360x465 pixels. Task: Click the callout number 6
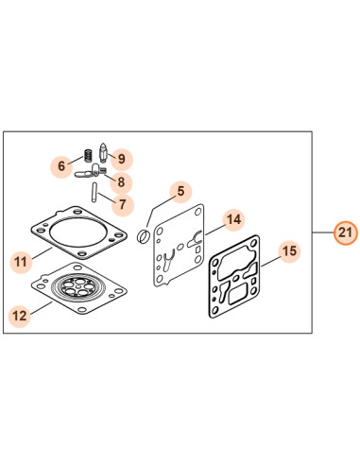click(x=61, y=165)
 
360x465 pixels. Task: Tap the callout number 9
click(x=122, y=158)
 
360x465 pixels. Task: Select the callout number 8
click(x=121, y=181)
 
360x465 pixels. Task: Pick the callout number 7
click(x=122, y=205)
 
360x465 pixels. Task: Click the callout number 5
click(x=180, y=191)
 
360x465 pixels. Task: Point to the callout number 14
click(x=233, y=219)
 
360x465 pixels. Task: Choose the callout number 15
click(x=289, y=251)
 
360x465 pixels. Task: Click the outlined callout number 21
click(x=346, y=232)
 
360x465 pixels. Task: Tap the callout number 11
click(x=21, y=261)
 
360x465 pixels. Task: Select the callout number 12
click(x=20, y=316)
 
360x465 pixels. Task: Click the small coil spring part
click(x=89, y=155)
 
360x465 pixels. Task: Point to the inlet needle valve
click(x=103, y=153)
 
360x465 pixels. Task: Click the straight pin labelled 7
click(x=94, y=192)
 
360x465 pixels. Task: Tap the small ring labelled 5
click(x=145, y=236)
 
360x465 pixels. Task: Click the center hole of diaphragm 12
click(x=78, y=287)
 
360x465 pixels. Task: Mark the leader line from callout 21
click(x=323, y=232)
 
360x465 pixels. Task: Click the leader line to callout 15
click(x=270, y=262)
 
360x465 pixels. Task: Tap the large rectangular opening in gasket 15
click(x=238, y=294)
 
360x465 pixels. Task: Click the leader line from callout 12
click(x=41, y=308)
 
